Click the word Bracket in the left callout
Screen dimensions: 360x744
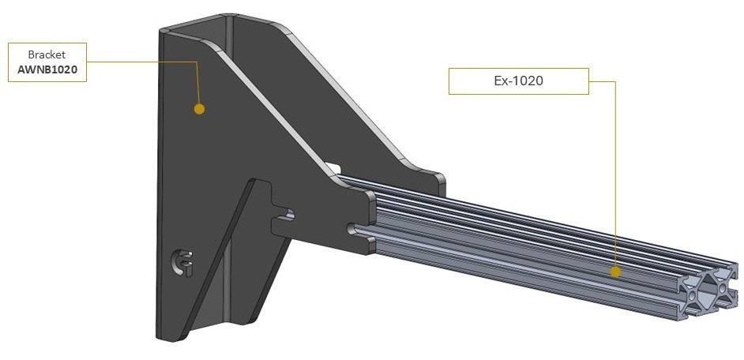point(46,55)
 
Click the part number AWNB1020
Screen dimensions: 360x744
point(46,69)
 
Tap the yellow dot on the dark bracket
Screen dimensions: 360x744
point(199,108)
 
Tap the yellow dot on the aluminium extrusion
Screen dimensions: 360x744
point(615,272)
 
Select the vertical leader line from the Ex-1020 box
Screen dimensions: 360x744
point(614,174)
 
